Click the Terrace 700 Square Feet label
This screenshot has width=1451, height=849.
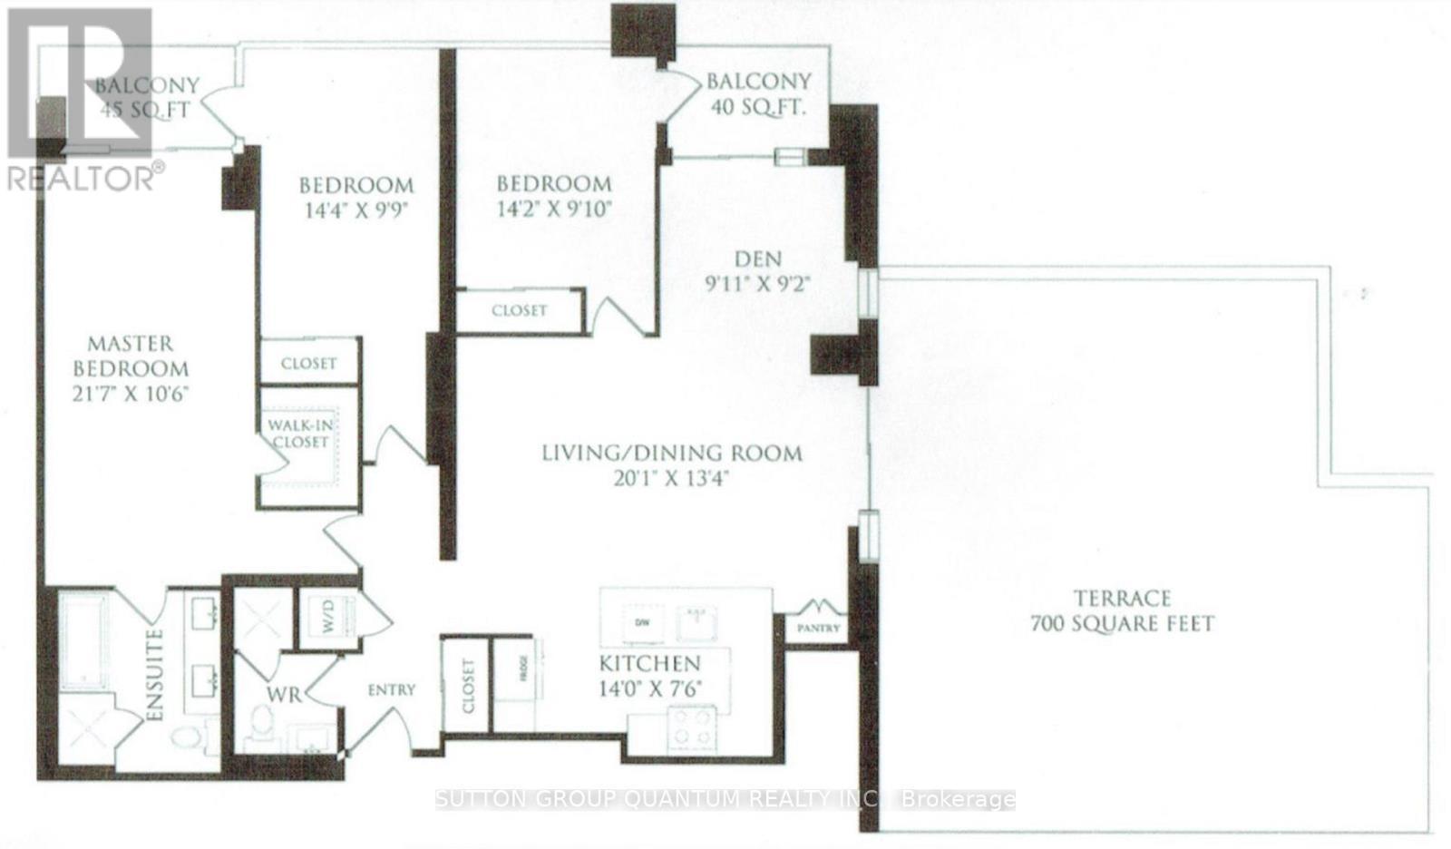pyautogui.click(x=1122, y=611)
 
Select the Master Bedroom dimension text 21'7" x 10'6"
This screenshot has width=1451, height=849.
pyautogui.click(x=131, y=395)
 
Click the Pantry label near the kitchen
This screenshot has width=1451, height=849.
pyautogui.click(x=820, y=628)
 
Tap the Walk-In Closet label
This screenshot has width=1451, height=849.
pyautogui.click(x=297, y=433)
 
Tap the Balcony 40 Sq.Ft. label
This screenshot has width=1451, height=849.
pyautogui.click(x=758, y=93)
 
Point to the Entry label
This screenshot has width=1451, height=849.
pyautogui.click(x=392, y=690)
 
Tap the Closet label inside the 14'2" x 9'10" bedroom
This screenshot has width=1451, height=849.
pyautogui.click(x=519, y=310)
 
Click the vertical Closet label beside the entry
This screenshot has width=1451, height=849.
pyautogui.click(x=467, y=686)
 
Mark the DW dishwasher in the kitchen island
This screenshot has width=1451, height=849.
pyautogui.click(x=642, y=623)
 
